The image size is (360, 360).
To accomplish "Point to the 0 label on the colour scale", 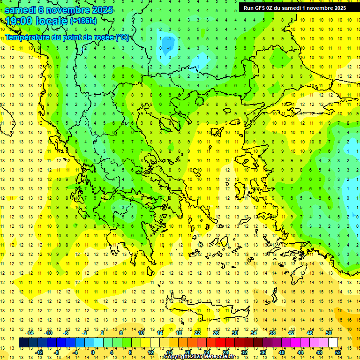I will tap(92, 352).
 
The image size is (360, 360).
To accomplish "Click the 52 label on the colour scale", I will tap(338, 352).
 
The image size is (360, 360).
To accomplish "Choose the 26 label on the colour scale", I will tap(216, 333).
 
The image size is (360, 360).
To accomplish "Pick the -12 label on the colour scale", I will tap(39, 352).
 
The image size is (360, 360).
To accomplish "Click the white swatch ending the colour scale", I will tap(333, 343).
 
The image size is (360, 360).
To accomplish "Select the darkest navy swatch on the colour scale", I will tap(24, 343).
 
